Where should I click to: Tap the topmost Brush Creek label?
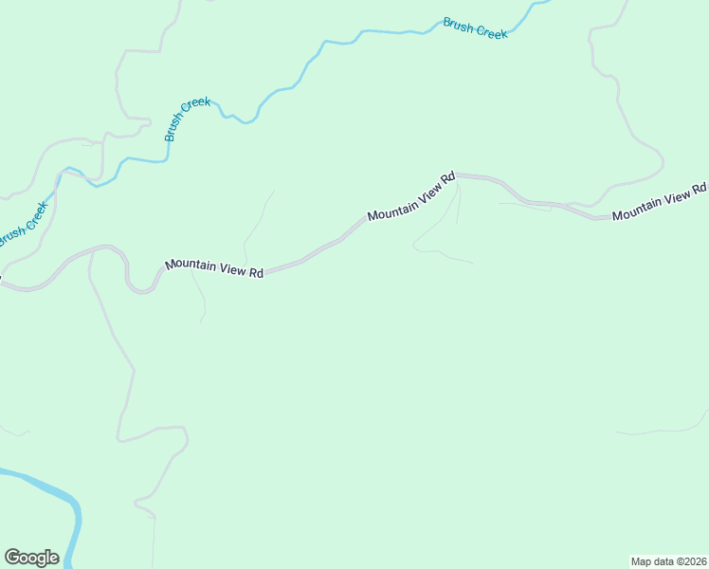(x=475, y=28)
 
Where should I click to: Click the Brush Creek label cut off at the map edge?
(x=23, y=225)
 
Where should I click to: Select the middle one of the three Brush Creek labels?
(x=187, y=119)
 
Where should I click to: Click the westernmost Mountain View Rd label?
(x=214, y=268)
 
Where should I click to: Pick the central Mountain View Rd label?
(x=411, y=196)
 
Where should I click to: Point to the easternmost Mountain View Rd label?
(x=660, y=203)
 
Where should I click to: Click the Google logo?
(x=31, y=558)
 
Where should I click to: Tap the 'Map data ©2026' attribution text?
(x=667, y=561)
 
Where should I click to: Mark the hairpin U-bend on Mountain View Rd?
(x=141, y=288)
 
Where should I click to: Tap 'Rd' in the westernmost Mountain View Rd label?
(x=255, y=272)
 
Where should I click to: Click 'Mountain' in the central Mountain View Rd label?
(x=391, y=206)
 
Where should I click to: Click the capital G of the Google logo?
(x=12, y=558)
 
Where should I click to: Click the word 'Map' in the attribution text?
(x=642, y=561)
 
